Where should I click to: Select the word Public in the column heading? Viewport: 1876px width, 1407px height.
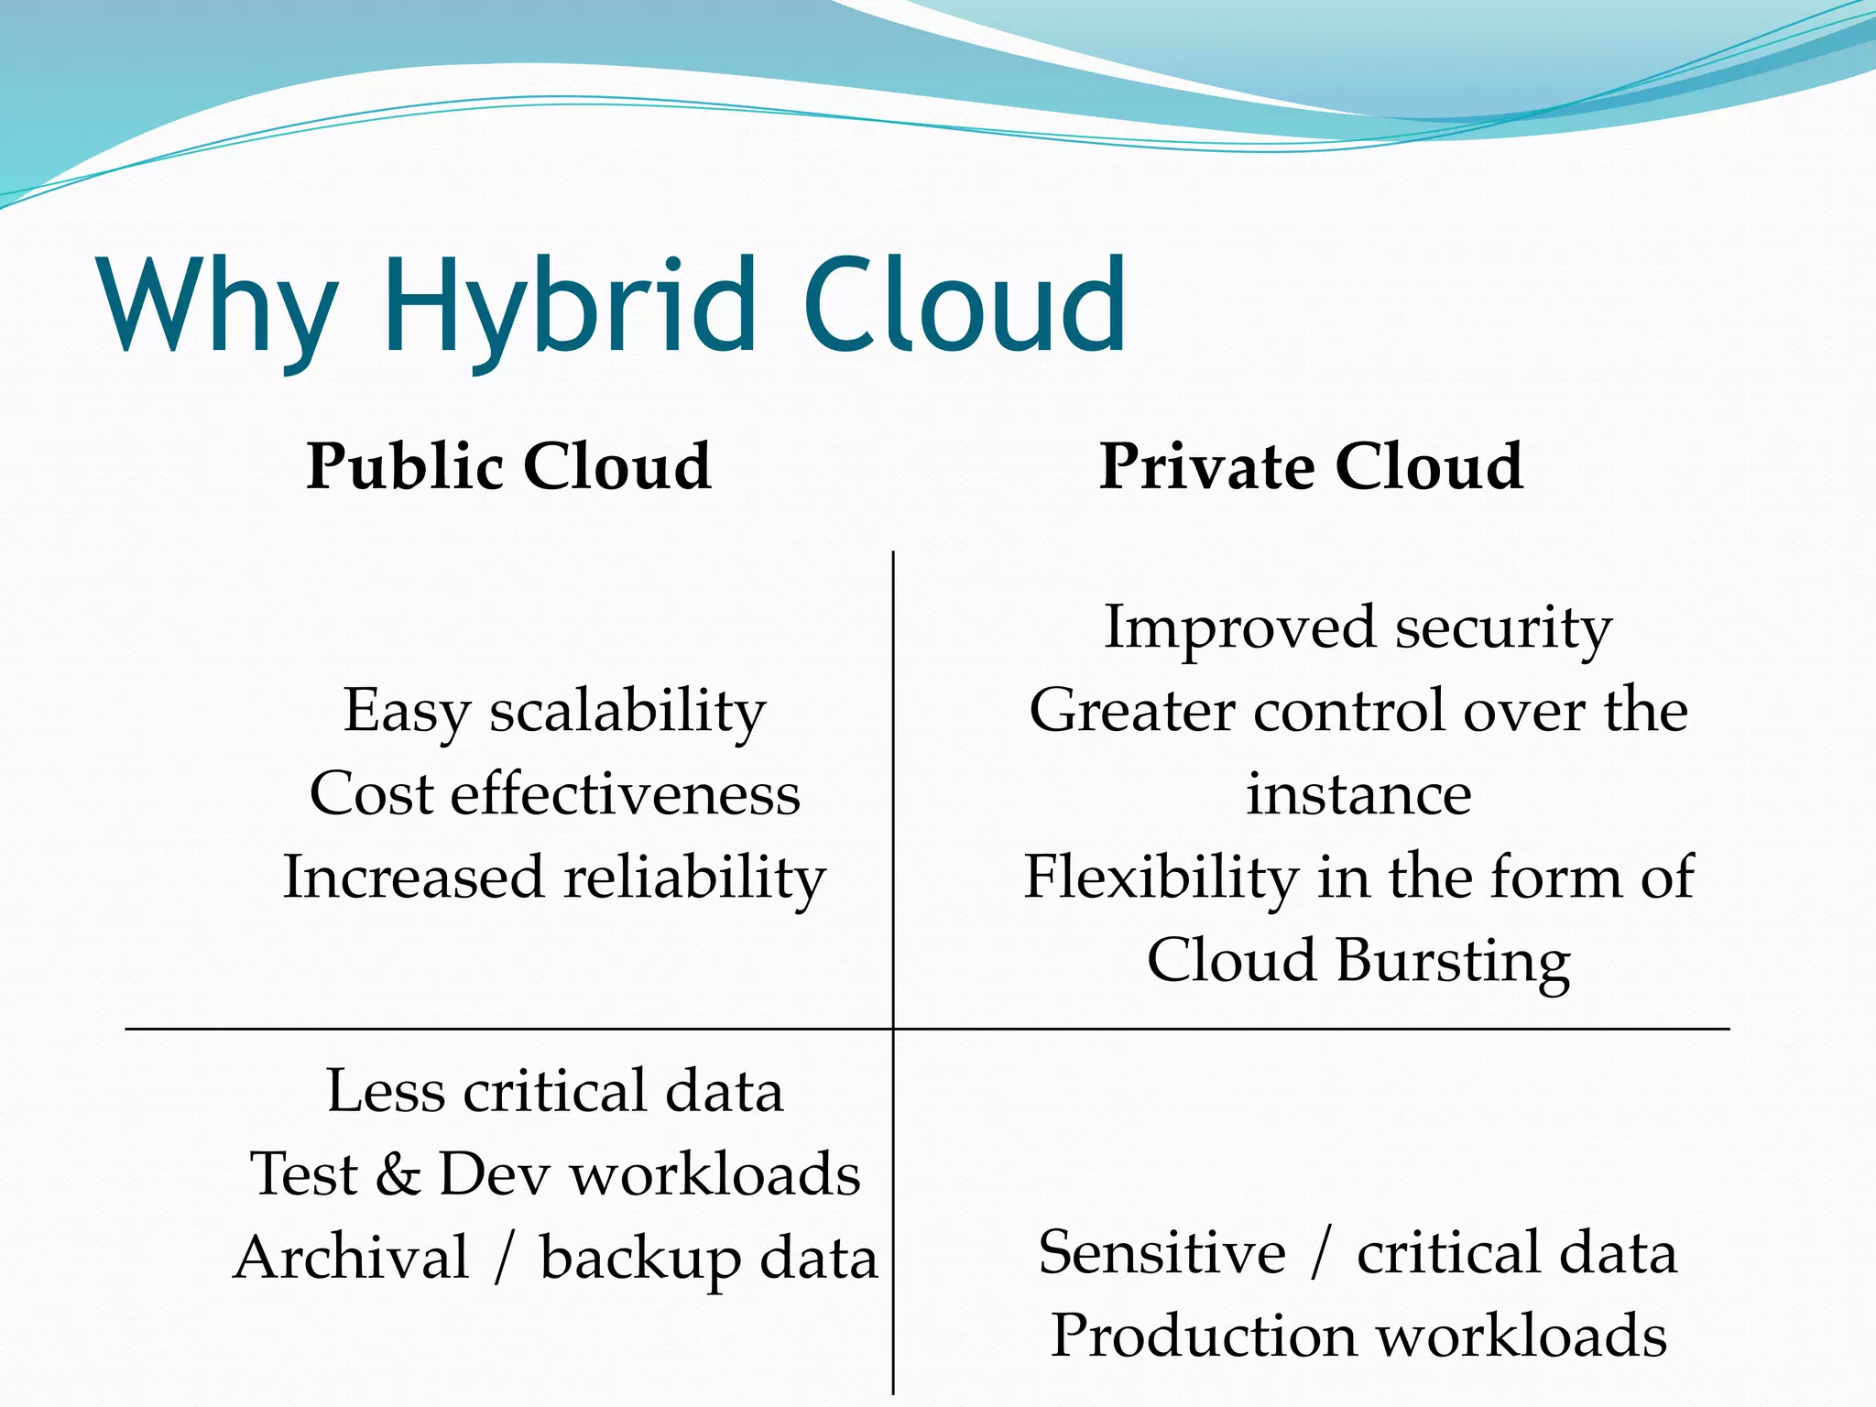(x=404, y=467)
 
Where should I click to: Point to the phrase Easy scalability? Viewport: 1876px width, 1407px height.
(x=554, y=713)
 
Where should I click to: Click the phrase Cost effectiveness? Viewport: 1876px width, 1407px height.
(x=554, y=793)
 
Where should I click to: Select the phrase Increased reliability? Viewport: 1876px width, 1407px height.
(x=554, y=878)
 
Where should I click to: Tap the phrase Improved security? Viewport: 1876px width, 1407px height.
(x=1358, y=630)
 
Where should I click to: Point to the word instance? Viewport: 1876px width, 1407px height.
(x=1358, y=793)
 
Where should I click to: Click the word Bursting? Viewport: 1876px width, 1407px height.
(x=1452, y=962)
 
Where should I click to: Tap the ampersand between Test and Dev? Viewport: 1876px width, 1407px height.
(x=398, y=1174)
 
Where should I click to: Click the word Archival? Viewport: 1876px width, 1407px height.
(x=352, y=1257)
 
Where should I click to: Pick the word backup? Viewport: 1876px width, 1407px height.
(x=639, y=1259)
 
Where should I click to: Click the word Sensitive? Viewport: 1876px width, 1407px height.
(x=1162, y=1253)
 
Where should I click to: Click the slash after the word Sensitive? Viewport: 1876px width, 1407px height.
(x=1320, y=1253)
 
